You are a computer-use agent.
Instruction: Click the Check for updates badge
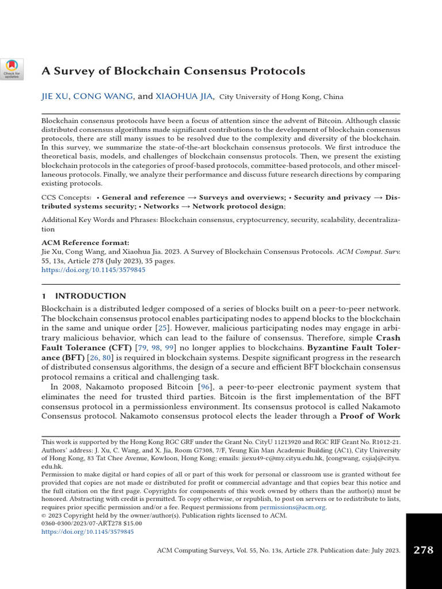pyautogui.click(x=12, y=68)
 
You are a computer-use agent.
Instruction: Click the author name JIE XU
pyautogui.click(x=55, y=97)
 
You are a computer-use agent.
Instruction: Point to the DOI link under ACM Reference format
pyautogui.click(x=93, y=269)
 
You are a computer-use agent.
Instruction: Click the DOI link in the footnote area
pyautogui.click(x=87, y=533)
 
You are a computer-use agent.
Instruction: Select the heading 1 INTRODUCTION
pyautogui.click(x=83, y=296)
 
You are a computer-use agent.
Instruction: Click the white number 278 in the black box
pyautogui.click(x=424, y=550)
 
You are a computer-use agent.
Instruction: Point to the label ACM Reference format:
pyautogui.click(x=85, y=243)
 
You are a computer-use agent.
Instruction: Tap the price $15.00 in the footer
pyautogui.click(x=131, y=524)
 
